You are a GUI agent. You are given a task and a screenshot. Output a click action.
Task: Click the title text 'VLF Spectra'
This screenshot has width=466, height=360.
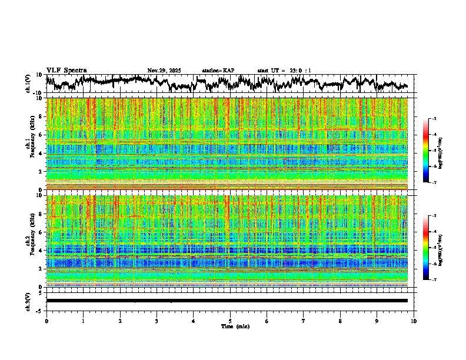[66, 71]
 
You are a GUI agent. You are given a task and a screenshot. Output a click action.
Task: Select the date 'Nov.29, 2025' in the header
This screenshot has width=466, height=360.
[164, 71]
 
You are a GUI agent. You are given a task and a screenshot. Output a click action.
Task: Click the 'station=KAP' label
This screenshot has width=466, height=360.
[218, 71]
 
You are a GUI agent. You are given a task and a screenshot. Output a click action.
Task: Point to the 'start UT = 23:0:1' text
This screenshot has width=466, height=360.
[284, 71]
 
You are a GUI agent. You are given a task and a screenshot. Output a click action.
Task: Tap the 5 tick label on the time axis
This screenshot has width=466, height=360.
[230, 321]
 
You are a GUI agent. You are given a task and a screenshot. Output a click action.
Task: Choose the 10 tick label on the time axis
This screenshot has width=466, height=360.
[414, 321]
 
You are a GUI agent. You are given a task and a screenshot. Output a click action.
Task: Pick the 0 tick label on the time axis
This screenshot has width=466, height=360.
[46, 321]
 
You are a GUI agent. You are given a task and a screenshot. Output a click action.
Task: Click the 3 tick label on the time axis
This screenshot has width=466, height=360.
[157, 321]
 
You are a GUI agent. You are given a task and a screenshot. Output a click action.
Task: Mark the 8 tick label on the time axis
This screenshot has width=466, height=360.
[340, 321]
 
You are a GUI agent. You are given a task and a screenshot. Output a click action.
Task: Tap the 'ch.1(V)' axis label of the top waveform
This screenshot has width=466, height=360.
[28, 84]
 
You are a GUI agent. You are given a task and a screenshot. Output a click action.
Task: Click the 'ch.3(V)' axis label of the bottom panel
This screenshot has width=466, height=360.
[28, 301]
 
